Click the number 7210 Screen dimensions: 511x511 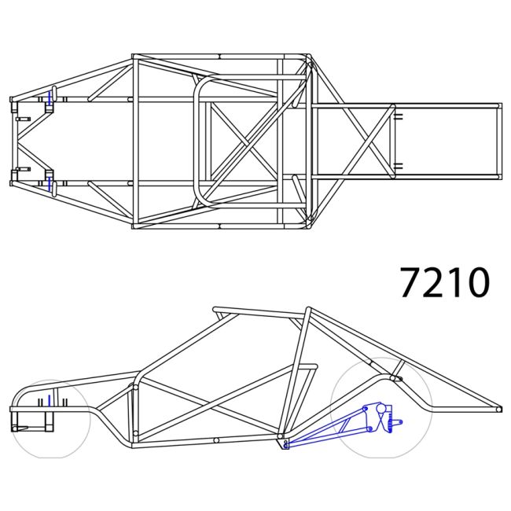pyautogui.click(x=444, y=282)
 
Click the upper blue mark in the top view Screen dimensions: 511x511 pyautogui.click(x=50, y=98)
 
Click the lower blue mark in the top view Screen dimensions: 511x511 pyautogui.click(x=50, y=183)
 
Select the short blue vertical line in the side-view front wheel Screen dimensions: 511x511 pyautogui.click(x=49, y=402)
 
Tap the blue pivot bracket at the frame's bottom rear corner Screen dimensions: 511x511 pyautogui.click(x=285, y=446)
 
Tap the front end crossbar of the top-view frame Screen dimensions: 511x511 pyautogui.click(x=12, y=142)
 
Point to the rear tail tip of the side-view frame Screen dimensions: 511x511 pyautogui.click(x=500, y=409)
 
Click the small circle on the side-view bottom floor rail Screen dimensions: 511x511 pyautogui.click(x=215, y=441)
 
